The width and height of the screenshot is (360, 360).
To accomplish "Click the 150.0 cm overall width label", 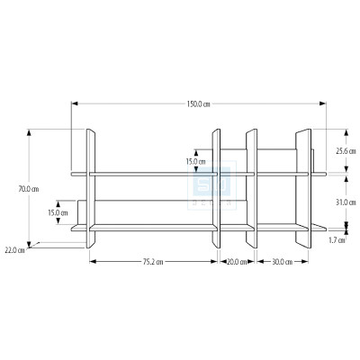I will click(199, 103).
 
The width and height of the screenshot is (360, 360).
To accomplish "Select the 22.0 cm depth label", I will click(14, 249).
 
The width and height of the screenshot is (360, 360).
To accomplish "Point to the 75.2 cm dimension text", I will click(151, 261).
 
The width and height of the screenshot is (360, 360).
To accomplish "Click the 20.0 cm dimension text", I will click(237, 261).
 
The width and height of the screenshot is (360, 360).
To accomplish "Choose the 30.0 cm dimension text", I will click(280, 261).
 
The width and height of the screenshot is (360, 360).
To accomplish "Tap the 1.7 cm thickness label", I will click(337, 240).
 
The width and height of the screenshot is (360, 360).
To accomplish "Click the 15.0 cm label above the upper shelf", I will click(195, 162).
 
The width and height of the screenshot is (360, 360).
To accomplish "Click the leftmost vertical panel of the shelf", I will click(90, 189).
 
